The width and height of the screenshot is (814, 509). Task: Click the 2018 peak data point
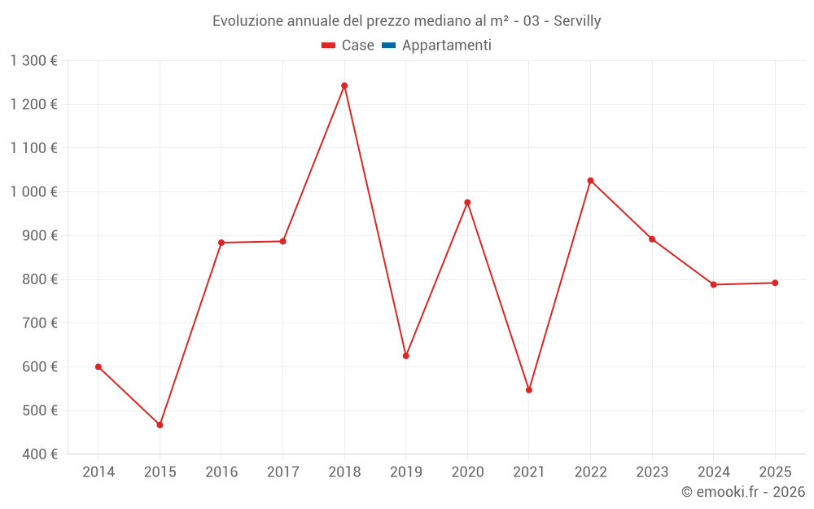tap(344, 86)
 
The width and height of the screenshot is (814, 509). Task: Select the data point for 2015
tap(160, 425)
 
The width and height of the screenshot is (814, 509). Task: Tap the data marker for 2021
tap(529, 390)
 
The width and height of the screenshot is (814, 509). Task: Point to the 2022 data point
tap(590, 181)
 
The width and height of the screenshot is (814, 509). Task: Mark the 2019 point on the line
tap(406, 356)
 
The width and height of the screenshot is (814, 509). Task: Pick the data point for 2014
tap(98, 366)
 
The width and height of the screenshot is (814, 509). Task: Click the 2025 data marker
tap(775, 283)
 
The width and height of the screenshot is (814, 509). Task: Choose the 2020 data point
tap(467, 203)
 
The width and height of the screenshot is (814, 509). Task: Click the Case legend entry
tap(348, 46)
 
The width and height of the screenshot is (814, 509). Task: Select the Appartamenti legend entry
tap(436, 46)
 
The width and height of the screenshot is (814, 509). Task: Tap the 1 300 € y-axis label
tap(34, 61)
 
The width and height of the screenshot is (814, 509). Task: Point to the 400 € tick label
tap(39, 454)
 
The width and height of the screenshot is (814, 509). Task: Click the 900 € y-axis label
tap(39, 235)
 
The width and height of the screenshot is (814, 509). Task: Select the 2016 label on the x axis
tap(221, 472)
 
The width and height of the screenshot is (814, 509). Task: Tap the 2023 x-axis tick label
tap(652, 472)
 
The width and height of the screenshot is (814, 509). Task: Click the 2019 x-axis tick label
tap(406, 472)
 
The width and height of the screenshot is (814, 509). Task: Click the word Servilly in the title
tap(577, 21)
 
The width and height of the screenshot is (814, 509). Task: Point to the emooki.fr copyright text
tap(743, 492)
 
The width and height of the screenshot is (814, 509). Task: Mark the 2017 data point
tap(282, 241)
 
